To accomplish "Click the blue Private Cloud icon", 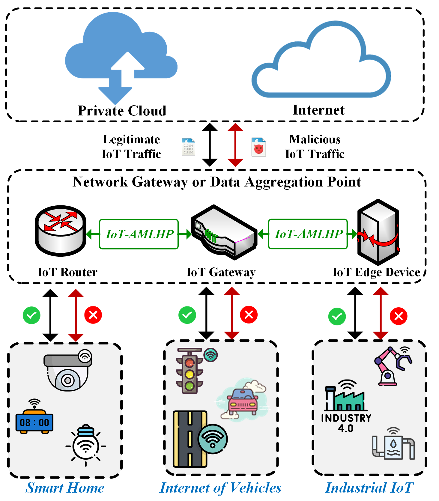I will click(x=121, y=57).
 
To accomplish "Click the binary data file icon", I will click(x=188, y=147).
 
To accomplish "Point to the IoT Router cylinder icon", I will click(x=61, y=230).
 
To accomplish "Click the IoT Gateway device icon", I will click(x=224, y=232).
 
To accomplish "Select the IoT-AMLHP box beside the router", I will click(x=139, y=234).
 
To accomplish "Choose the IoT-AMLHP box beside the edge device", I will click(x=308, y=234).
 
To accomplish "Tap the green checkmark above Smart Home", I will click(x=31, y=315).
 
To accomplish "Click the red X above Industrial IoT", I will click(x=399, y=316).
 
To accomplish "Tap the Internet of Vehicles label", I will click(x=220, y=488).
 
